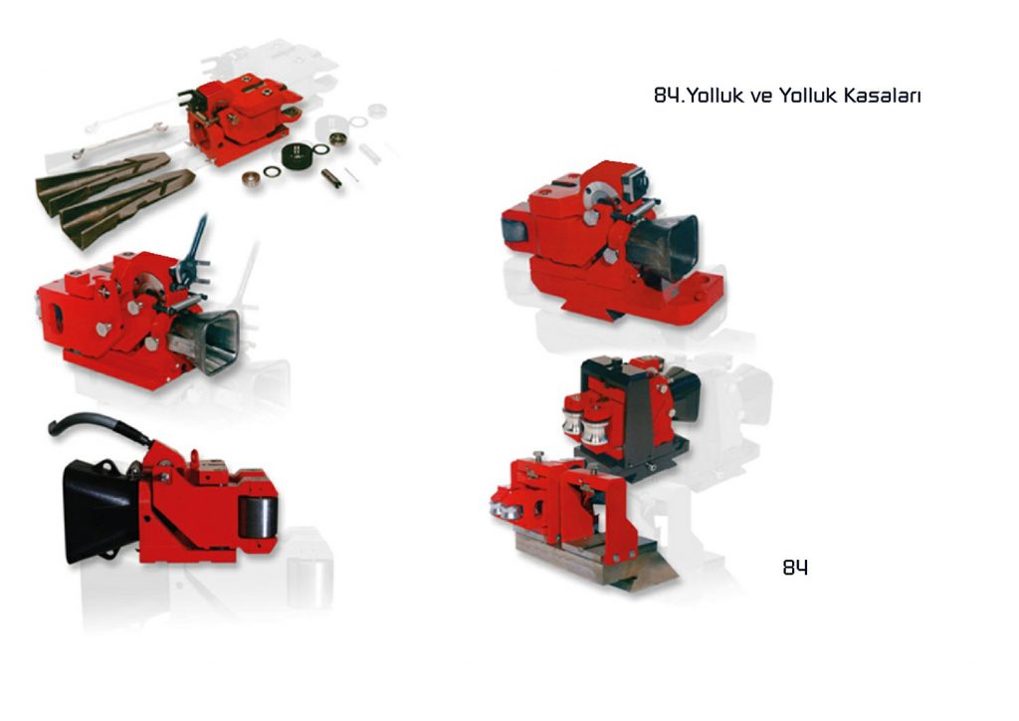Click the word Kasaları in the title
tap(882, 96)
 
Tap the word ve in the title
tap(761, 97)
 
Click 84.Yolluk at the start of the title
tap(699, 96)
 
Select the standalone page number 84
tap(795, 568)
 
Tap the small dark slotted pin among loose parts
tap(331, 178)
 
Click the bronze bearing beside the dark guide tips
tap(251, 179)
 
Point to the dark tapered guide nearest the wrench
tap(101, 175)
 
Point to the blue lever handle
tap(197, 242)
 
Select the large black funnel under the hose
tap(101, 510)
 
